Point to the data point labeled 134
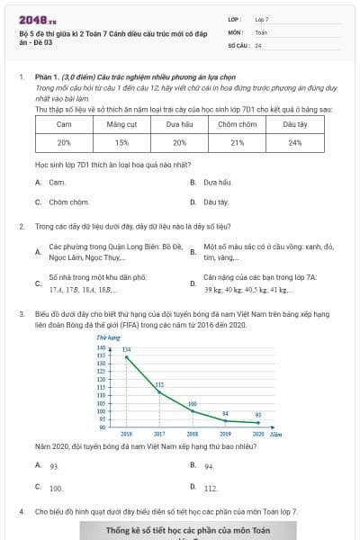coord(126,357)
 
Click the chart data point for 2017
coord(159,391)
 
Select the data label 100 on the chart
coord(192,404)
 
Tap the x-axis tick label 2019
coord(225,433)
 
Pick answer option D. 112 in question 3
coord(210,488)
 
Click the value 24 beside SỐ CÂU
coord(258,44)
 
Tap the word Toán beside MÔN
coord(261,31)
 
